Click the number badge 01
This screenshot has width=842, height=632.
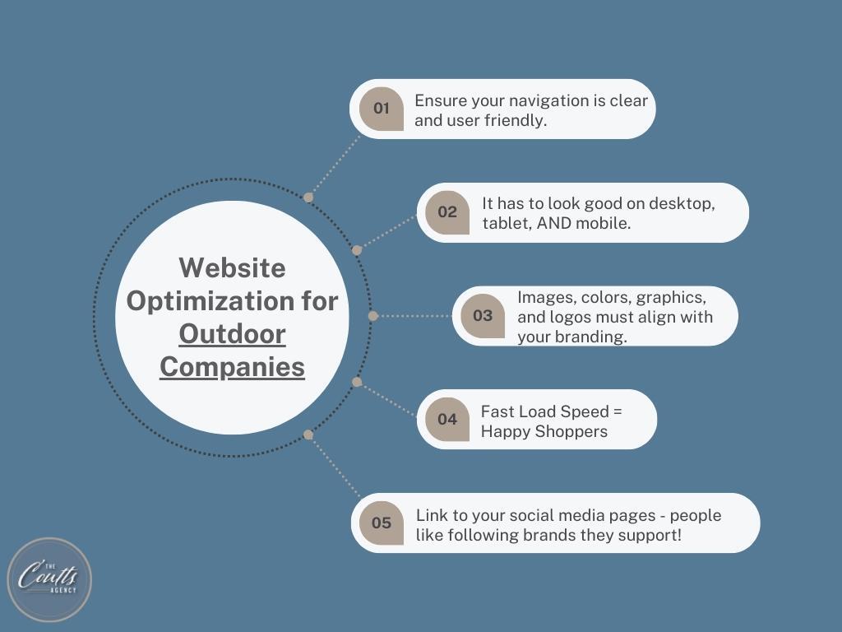click(x=382, y=109)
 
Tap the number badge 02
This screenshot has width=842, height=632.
click(x=447, y=212)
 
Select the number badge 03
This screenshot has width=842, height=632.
click(x=483, y=316)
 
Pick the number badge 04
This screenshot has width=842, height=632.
click(x=447, y=419)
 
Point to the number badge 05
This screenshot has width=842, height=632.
click(x=382, y=523)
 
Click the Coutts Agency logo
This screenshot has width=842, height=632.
click(x=49, y=580)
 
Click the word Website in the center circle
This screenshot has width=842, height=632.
click(x=232, y=267)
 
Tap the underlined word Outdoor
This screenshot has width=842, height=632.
click(x=232, y=334)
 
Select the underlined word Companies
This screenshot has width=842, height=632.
click(x=232, y=368)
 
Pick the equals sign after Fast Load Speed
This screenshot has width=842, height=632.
click(x=617, y=411)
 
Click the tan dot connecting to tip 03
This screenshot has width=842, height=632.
click(x=373, y=316)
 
